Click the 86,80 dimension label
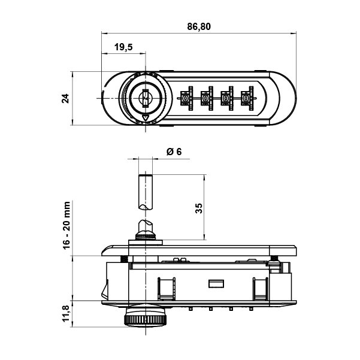click(x=199, y=26)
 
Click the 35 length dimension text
click(x=199, y=208)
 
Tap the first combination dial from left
click(x=186, y=98)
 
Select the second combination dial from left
click(x=207, y=98)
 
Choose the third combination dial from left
click(x=226, y=98)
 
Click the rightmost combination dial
click(x=246, y=98)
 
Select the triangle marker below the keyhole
click(x=144, y=119)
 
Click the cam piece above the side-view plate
click(x=144, y=229)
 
